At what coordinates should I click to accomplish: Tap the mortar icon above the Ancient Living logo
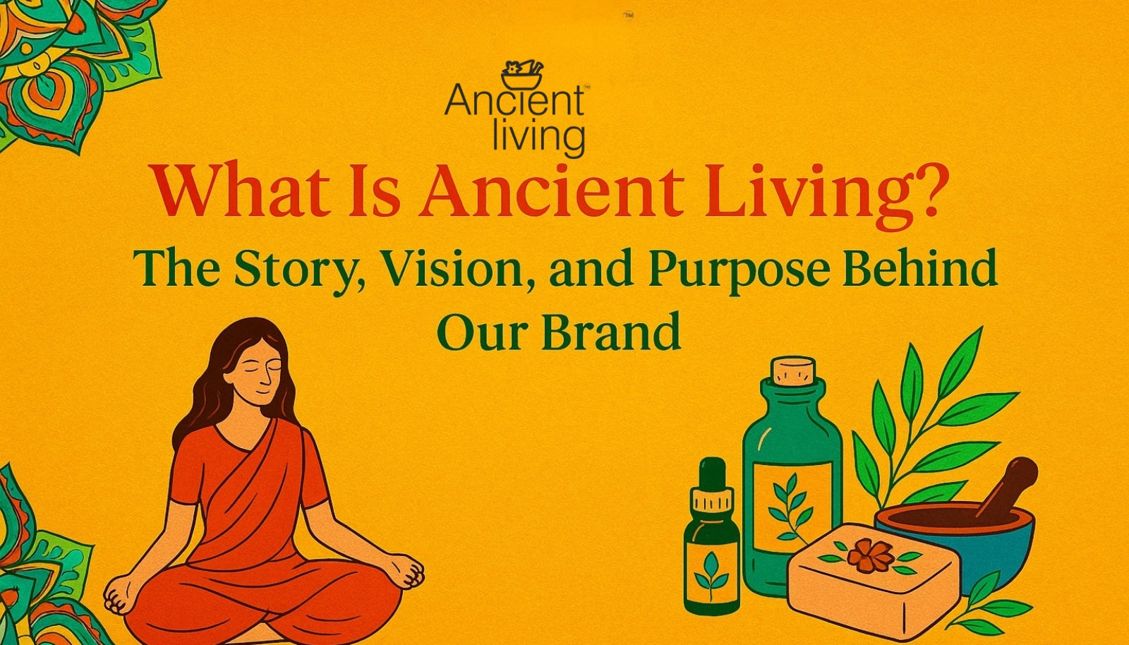tap(522, 76)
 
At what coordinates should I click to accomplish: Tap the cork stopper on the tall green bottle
tap(793, 370)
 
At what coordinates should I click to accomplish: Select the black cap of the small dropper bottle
tap(711, 475)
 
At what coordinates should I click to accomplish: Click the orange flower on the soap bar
tap(870, 555)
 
